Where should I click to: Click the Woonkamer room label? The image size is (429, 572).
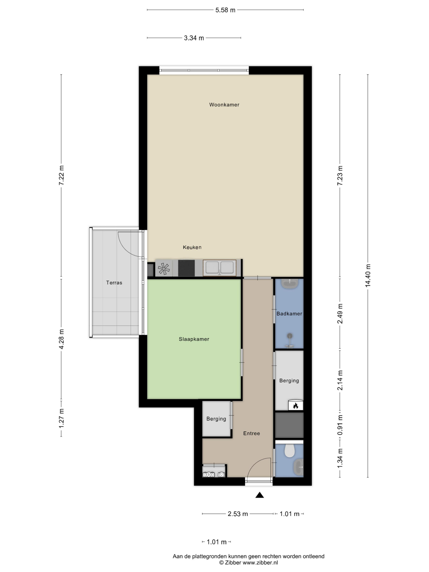[x=224, y=105]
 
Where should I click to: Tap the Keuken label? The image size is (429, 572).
[x=192, y=247]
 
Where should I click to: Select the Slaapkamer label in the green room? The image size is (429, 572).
[x=194, y=339]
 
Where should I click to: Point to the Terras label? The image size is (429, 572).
[x=114, y=283]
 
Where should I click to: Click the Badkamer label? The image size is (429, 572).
[x=289, y=314]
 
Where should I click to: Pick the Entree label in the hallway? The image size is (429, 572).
[x=252, y=433]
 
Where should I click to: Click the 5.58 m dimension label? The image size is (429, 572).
[x=225, y=10]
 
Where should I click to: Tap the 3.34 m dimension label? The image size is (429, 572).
[x=194, y=38]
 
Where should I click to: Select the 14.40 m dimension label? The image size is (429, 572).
[x=368, y=275]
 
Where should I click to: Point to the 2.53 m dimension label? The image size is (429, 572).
[x=238, y=514]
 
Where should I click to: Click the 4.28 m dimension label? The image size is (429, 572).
[x=61, y=339]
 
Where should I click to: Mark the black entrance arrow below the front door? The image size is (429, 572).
[x=260, y=495]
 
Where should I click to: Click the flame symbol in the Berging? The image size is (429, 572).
[x=296, y=406]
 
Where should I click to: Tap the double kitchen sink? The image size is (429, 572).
[x=220, y=268]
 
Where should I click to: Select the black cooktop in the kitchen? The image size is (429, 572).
[x=186, y=268]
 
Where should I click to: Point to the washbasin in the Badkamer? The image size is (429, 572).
[x=290, y=284]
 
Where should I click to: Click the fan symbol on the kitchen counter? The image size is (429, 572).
[x=164, y=269]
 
